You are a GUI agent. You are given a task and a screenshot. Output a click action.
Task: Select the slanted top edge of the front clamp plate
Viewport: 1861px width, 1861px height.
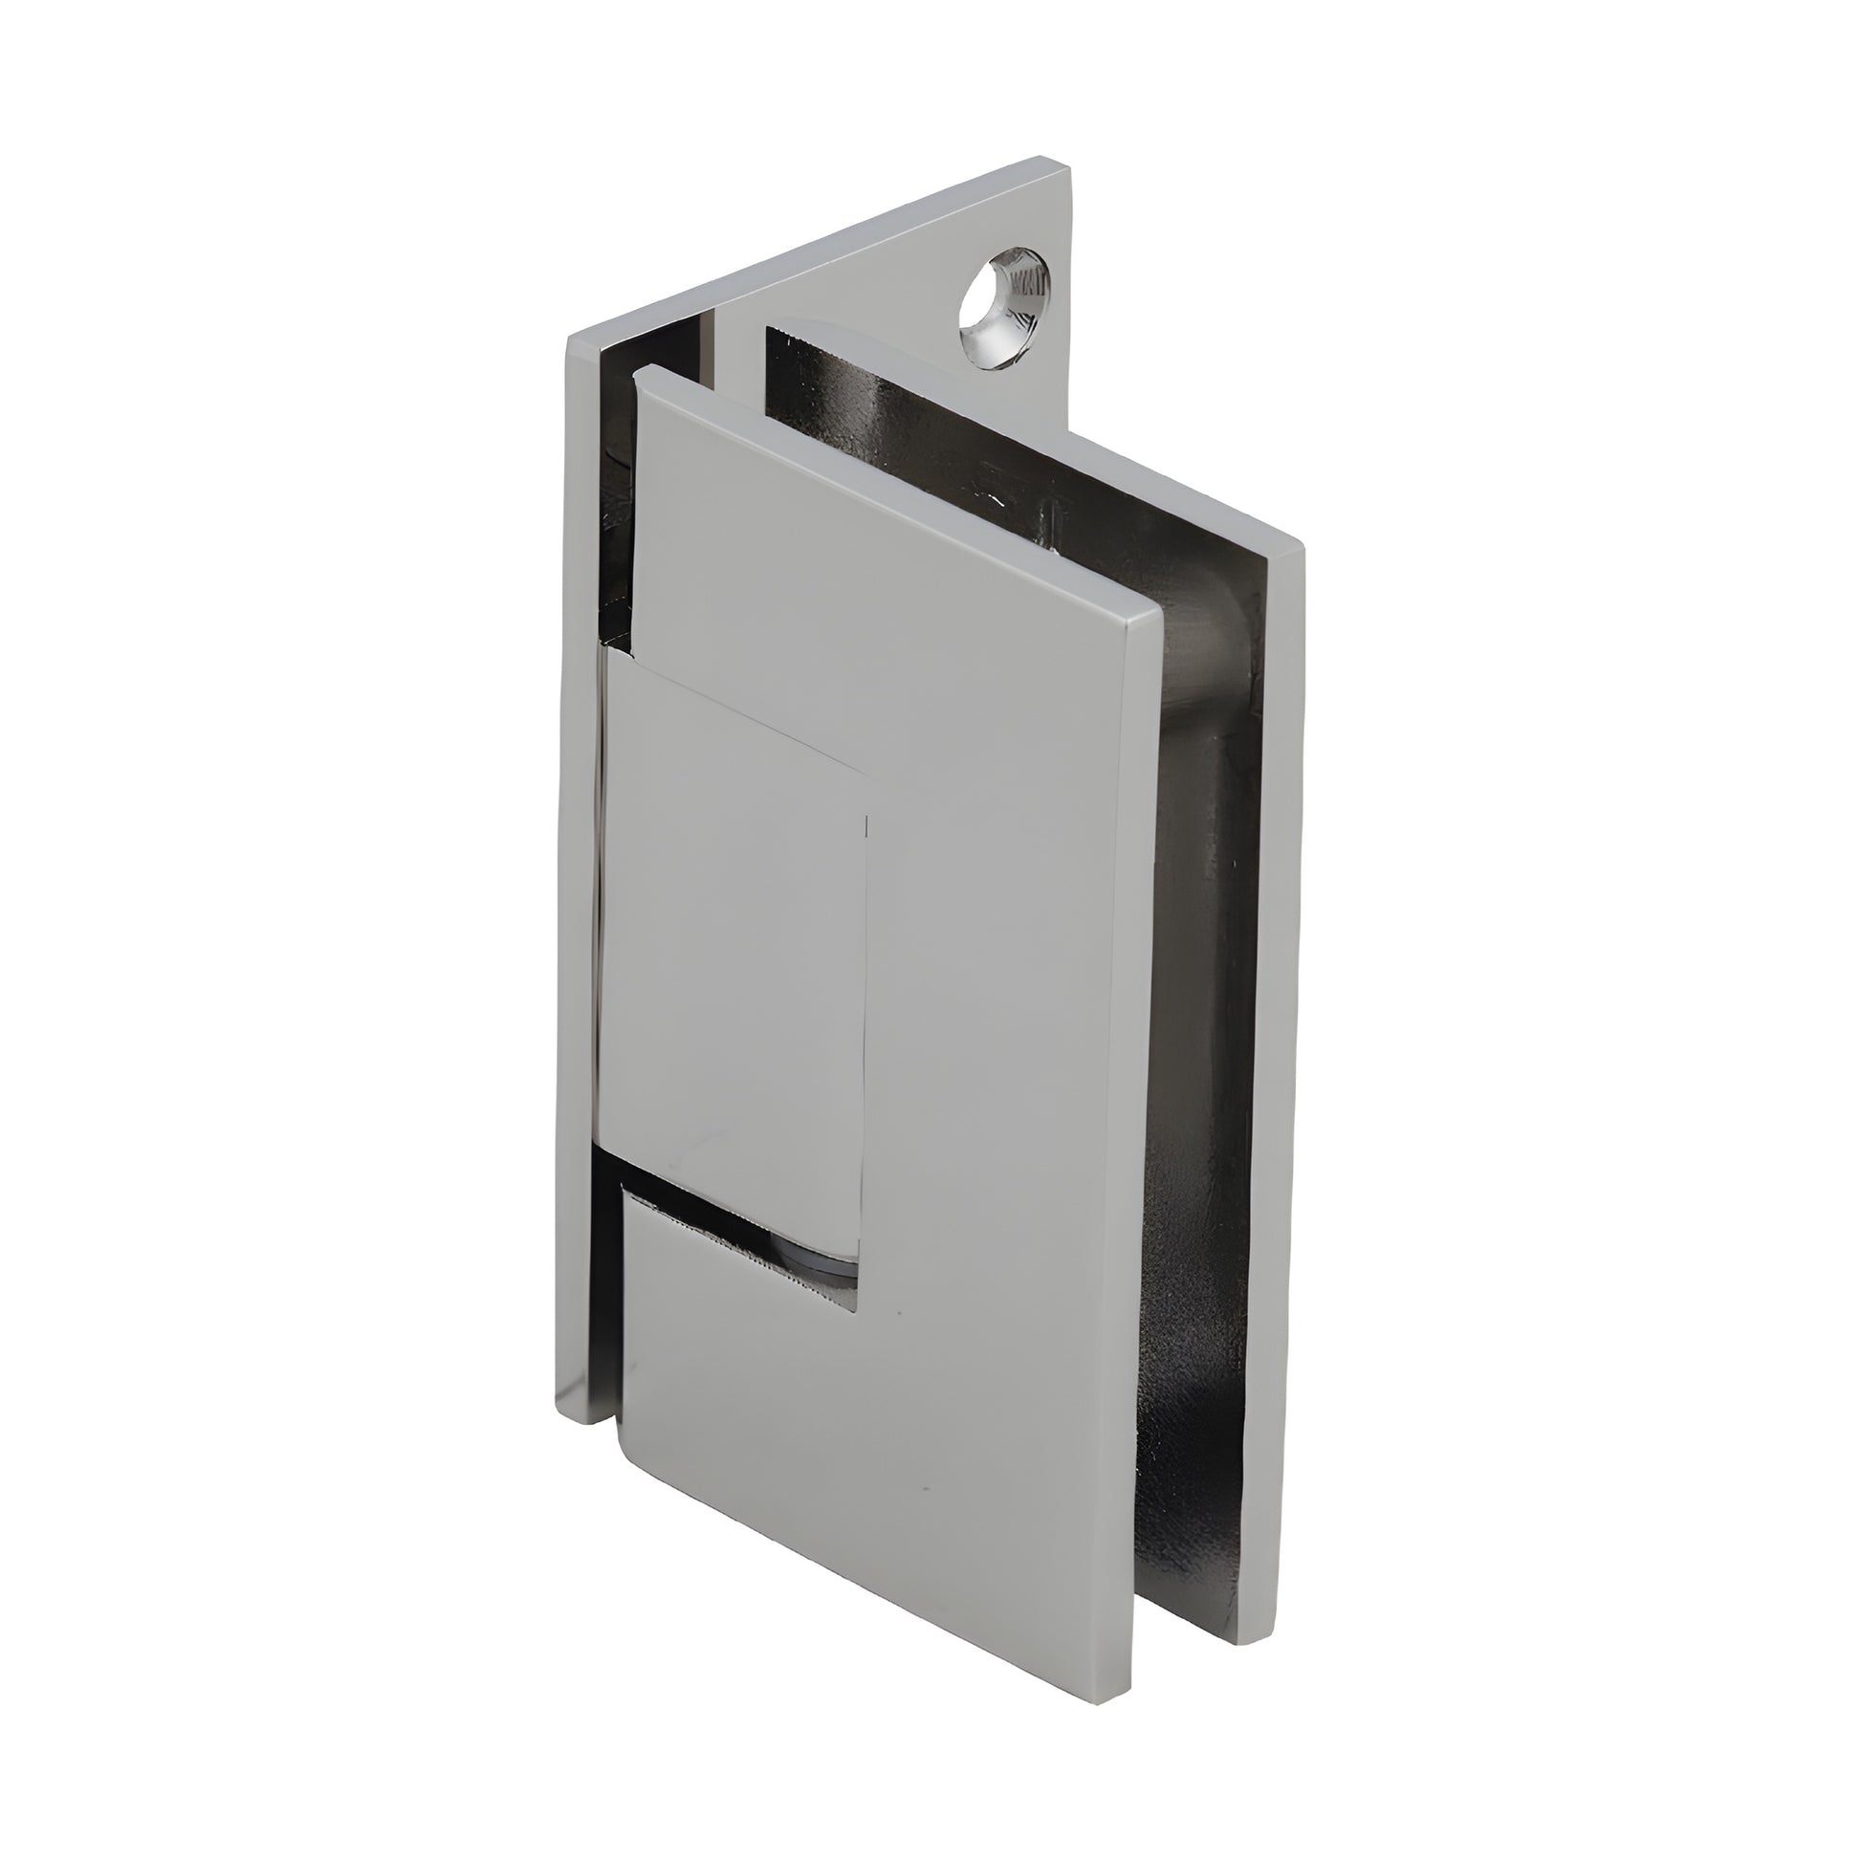pyautogui.click(x=896, y=492)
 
